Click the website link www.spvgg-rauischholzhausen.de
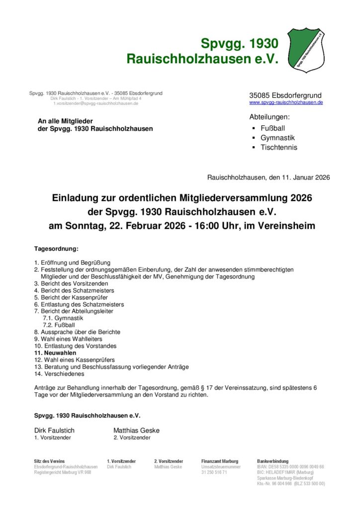286,102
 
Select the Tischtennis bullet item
278,147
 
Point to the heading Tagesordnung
56,248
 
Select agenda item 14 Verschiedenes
59,373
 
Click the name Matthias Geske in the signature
136,430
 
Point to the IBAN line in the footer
290,467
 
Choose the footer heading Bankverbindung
272,461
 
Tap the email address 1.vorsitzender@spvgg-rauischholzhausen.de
96,103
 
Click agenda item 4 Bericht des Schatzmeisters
74,290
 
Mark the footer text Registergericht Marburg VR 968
62,472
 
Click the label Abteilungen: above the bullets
269,117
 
